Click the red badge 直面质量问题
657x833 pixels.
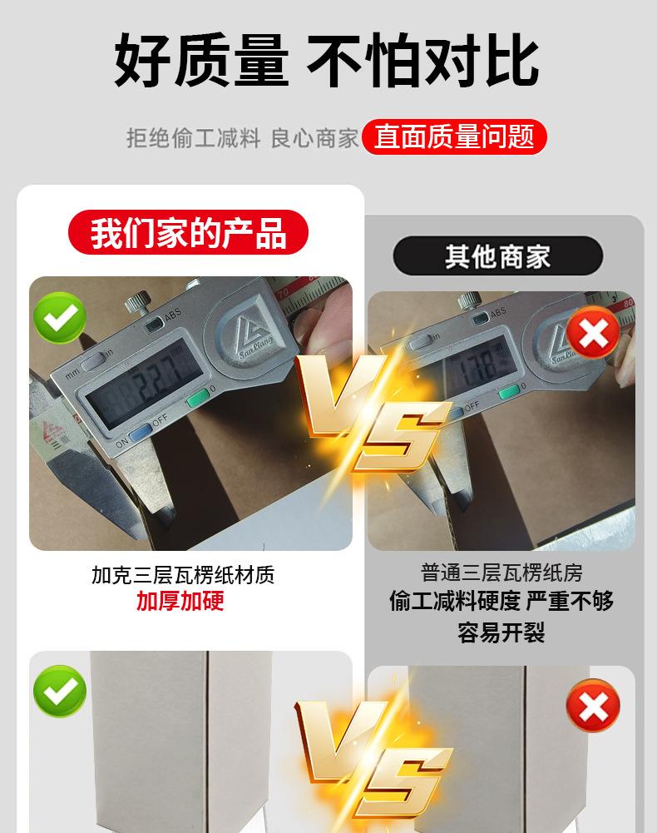coord(454,137)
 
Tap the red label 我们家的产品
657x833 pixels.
coord(188,232)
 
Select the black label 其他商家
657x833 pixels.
coord(497,256)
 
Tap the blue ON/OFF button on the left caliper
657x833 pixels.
coord(140,431)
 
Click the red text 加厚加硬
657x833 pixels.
coord(180,601)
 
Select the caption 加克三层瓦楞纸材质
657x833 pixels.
coord(183,575)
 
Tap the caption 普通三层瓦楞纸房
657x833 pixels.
coord(501,573)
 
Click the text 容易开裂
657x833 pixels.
coord(501,632)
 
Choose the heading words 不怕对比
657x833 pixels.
coord(422,60)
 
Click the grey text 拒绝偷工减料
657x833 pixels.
coord(194,137)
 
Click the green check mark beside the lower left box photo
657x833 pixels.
coord(60,692)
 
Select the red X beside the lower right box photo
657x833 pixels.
coord(593,707)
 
